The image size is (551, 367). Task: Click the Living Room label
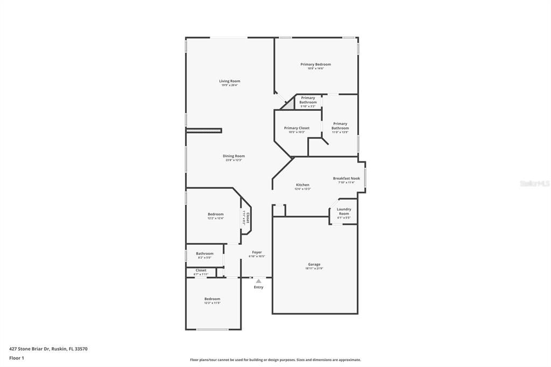[229, 81]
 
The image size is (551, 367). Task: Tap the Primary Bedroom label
[315, 65]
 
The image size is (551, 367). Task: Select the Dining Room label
[234, 156]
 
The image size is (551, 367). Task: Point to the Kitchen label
[302, 185]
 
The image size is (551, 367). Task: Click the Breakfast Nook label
[346, 179]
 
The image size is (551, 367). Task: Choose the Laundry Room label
[344, 211]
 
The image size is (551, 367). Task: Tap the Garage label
[314, 264]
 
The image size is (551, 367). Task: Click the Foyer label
[257, 252]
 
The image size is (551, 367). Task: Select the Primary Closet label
[296, 128]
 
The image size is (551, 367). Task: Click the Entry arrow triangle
[258, 281]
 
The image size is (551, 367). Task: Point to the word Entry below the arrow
[259, 287]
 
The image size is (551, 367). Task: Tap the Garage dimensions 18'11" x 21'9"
[314, 269]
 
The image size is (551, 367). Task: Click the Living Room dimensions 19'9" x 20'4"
[229, 86]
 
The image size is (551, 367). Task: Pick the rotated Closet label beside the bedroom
[248, 217]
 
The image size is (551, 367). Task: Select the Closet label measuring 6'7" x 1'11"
[201, 270]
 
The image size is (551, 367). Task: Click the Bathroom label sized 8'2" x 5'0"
[204, 253]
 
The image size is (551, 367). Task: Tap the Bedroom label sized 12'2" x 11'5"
[212, 299]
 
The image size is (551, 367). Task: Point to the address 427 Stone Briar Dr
[48, 349]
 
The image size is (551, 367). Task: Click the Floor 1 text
[17, 358]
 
